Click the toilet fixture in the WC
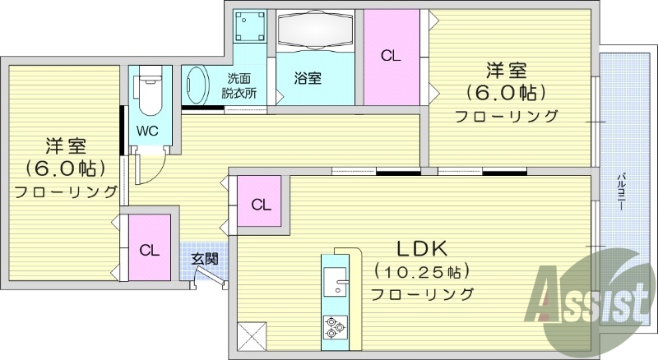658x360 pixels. point(148,95)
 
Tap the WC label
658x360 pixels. point(147,131)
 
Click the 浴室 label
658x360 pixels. point(308,78)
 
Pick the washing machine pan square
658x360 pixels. point(249,29)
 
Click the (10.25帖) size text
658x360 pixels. point(420,270)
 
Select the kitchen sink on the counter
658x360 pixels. point(336,284)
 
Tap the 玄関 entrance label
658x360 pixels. point(205,259)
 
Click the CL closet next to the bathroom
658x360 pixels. point(390,56)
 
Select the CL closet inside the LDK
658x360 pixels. point(260,205)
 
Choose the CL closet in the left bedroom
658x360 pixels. point(149,249)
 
